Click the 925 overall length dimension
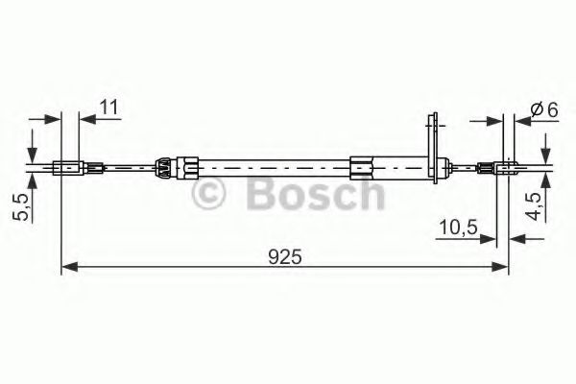coord(286,256)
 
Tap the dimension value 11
coord(108,107)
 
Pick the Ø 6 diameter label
coord(544,108)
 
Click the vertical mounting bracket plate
coord(435,144)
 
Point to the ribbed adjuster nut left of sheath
coord(165,167)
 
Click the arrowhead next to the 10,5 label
coord(490,239)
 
